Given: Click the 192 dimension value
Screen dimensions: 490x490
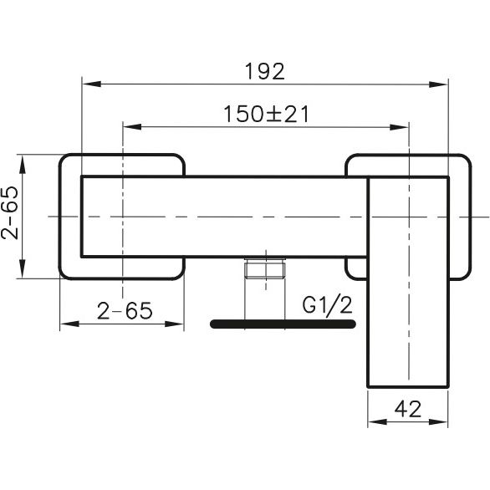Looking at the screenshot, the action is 265,71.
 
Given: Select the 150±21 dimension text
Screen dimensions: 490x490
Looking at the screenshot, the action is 267,114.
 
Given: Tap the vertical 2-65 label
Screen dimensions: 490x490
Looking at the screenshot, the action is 9,212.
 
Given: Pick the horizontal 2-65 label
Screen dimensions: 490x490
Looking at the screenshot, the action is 125,310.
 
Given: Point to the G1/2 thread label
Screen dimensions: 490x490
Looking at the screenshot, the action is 327,305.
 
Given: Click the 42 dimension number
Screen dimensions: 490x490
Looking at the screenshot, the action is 407,409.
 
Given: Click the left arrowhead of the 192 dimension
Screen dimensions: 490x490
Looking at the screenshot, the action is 92,84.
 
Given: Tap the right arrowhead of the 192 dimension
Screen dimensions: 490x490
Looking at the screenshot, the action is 438,84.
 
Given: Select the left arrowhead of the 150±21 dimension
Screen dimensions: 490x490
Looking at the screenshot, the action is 132,126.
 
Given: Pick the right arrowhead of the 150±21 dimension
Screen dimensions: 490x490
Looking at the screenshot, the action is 400,127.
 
